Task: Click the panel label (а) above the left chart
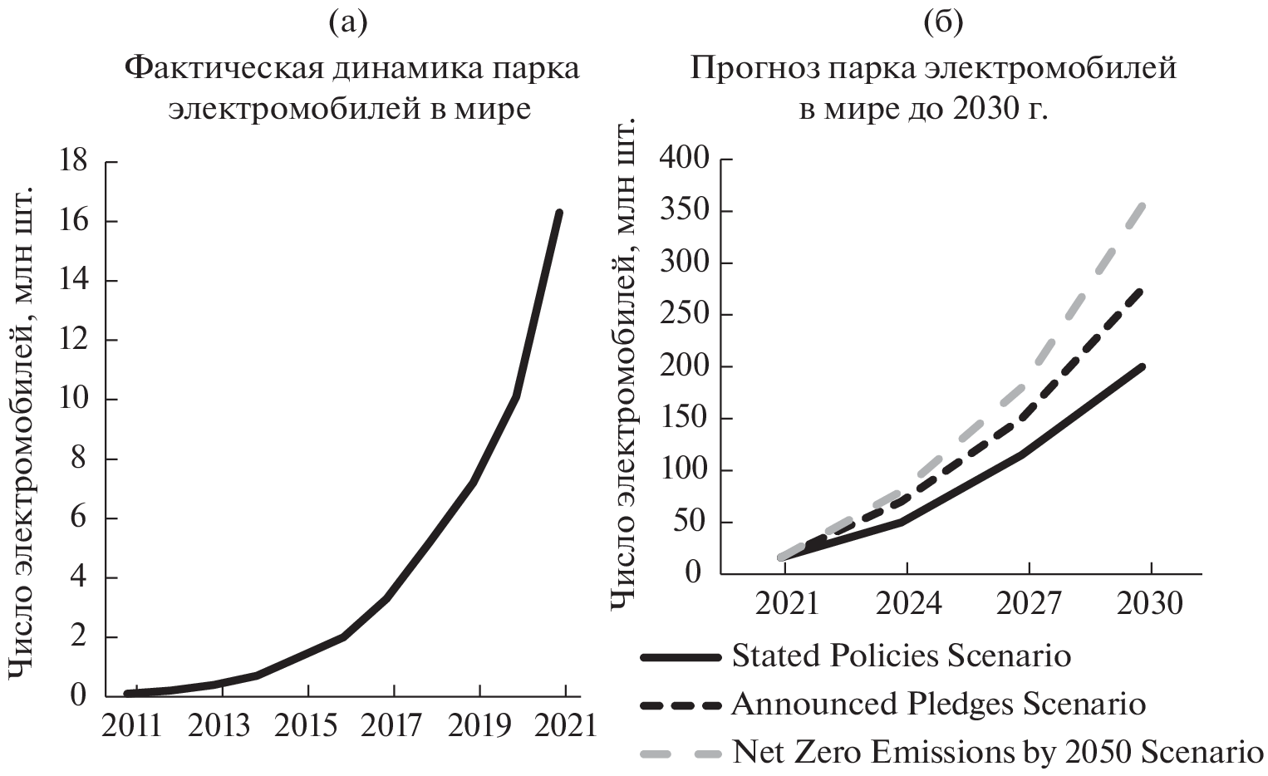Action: tap(347, 23)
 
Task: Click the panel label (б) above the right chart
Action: tap(943, 23)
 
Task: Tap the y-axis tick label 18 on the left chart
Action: tap(72, 161)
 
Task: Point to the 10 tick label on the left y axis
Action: tap(72, 399)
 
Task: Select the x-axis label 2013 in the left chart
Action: tap(219, 725)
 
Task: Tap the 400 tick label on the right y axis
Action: tap(685, 160)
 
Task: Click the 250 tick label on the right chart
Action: tap(685, 316)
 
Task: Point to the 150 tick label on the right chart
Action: tap(685, 420)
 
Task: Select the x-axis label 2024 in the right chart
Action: tap(910, 604)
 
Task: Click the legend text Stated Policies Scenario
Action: tap(901, 656)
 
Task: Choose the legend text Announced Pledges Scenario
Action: tap(938, 705)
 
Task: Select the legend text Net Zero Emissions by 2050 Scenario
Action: tap(997, 753)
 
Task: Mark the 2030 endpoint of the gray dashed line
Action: tap(1143, 205)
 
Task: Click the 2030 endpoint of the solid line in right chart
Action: tap(1143, 366)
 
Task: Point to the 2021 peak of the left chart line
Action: tap(559, 213)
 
